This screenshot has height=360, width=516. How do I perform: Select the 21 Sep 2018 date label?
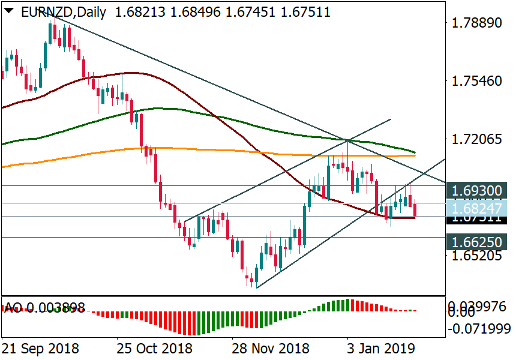[40, 349]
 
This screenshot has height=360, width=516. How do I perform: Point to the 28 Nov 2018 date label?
[271, 349]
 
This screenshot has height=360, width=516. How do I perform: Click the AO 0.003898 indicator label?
[44, 308]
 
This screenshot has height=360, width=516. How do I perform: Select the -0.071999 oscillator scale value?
[480, 329]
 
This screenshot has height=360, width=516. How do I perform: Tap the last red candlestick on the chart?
[415, 211]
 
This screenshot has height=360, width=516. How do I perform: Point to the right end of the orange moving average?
[415, 155]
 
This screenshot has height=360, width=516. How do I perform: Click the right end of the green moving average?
[415, 152]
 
